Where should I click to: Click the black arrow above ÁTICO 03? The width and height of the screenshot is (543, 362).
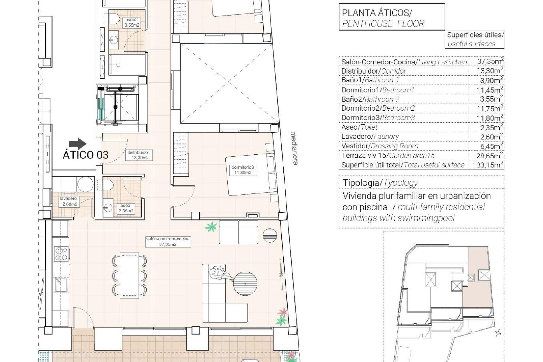(x=77, y=143)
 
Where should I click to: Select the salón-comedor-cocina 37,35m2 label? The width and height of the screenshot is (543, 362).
(x=168, y=242)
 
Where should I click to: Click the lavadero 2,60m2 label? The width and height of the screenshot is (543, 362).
(x=68, y=201)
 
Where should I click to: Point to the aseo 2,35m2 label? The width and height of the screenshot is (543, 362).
(x=125, y=208)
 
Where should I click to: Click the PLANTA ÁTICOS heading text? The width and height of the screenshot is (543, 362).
(x=377, y=13)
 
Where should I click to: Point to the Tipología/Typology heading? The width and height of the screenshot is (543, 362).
(x=380, y=183)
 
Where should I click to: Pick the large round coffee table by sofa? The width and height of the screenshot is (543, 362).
(x=245, y=283)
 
